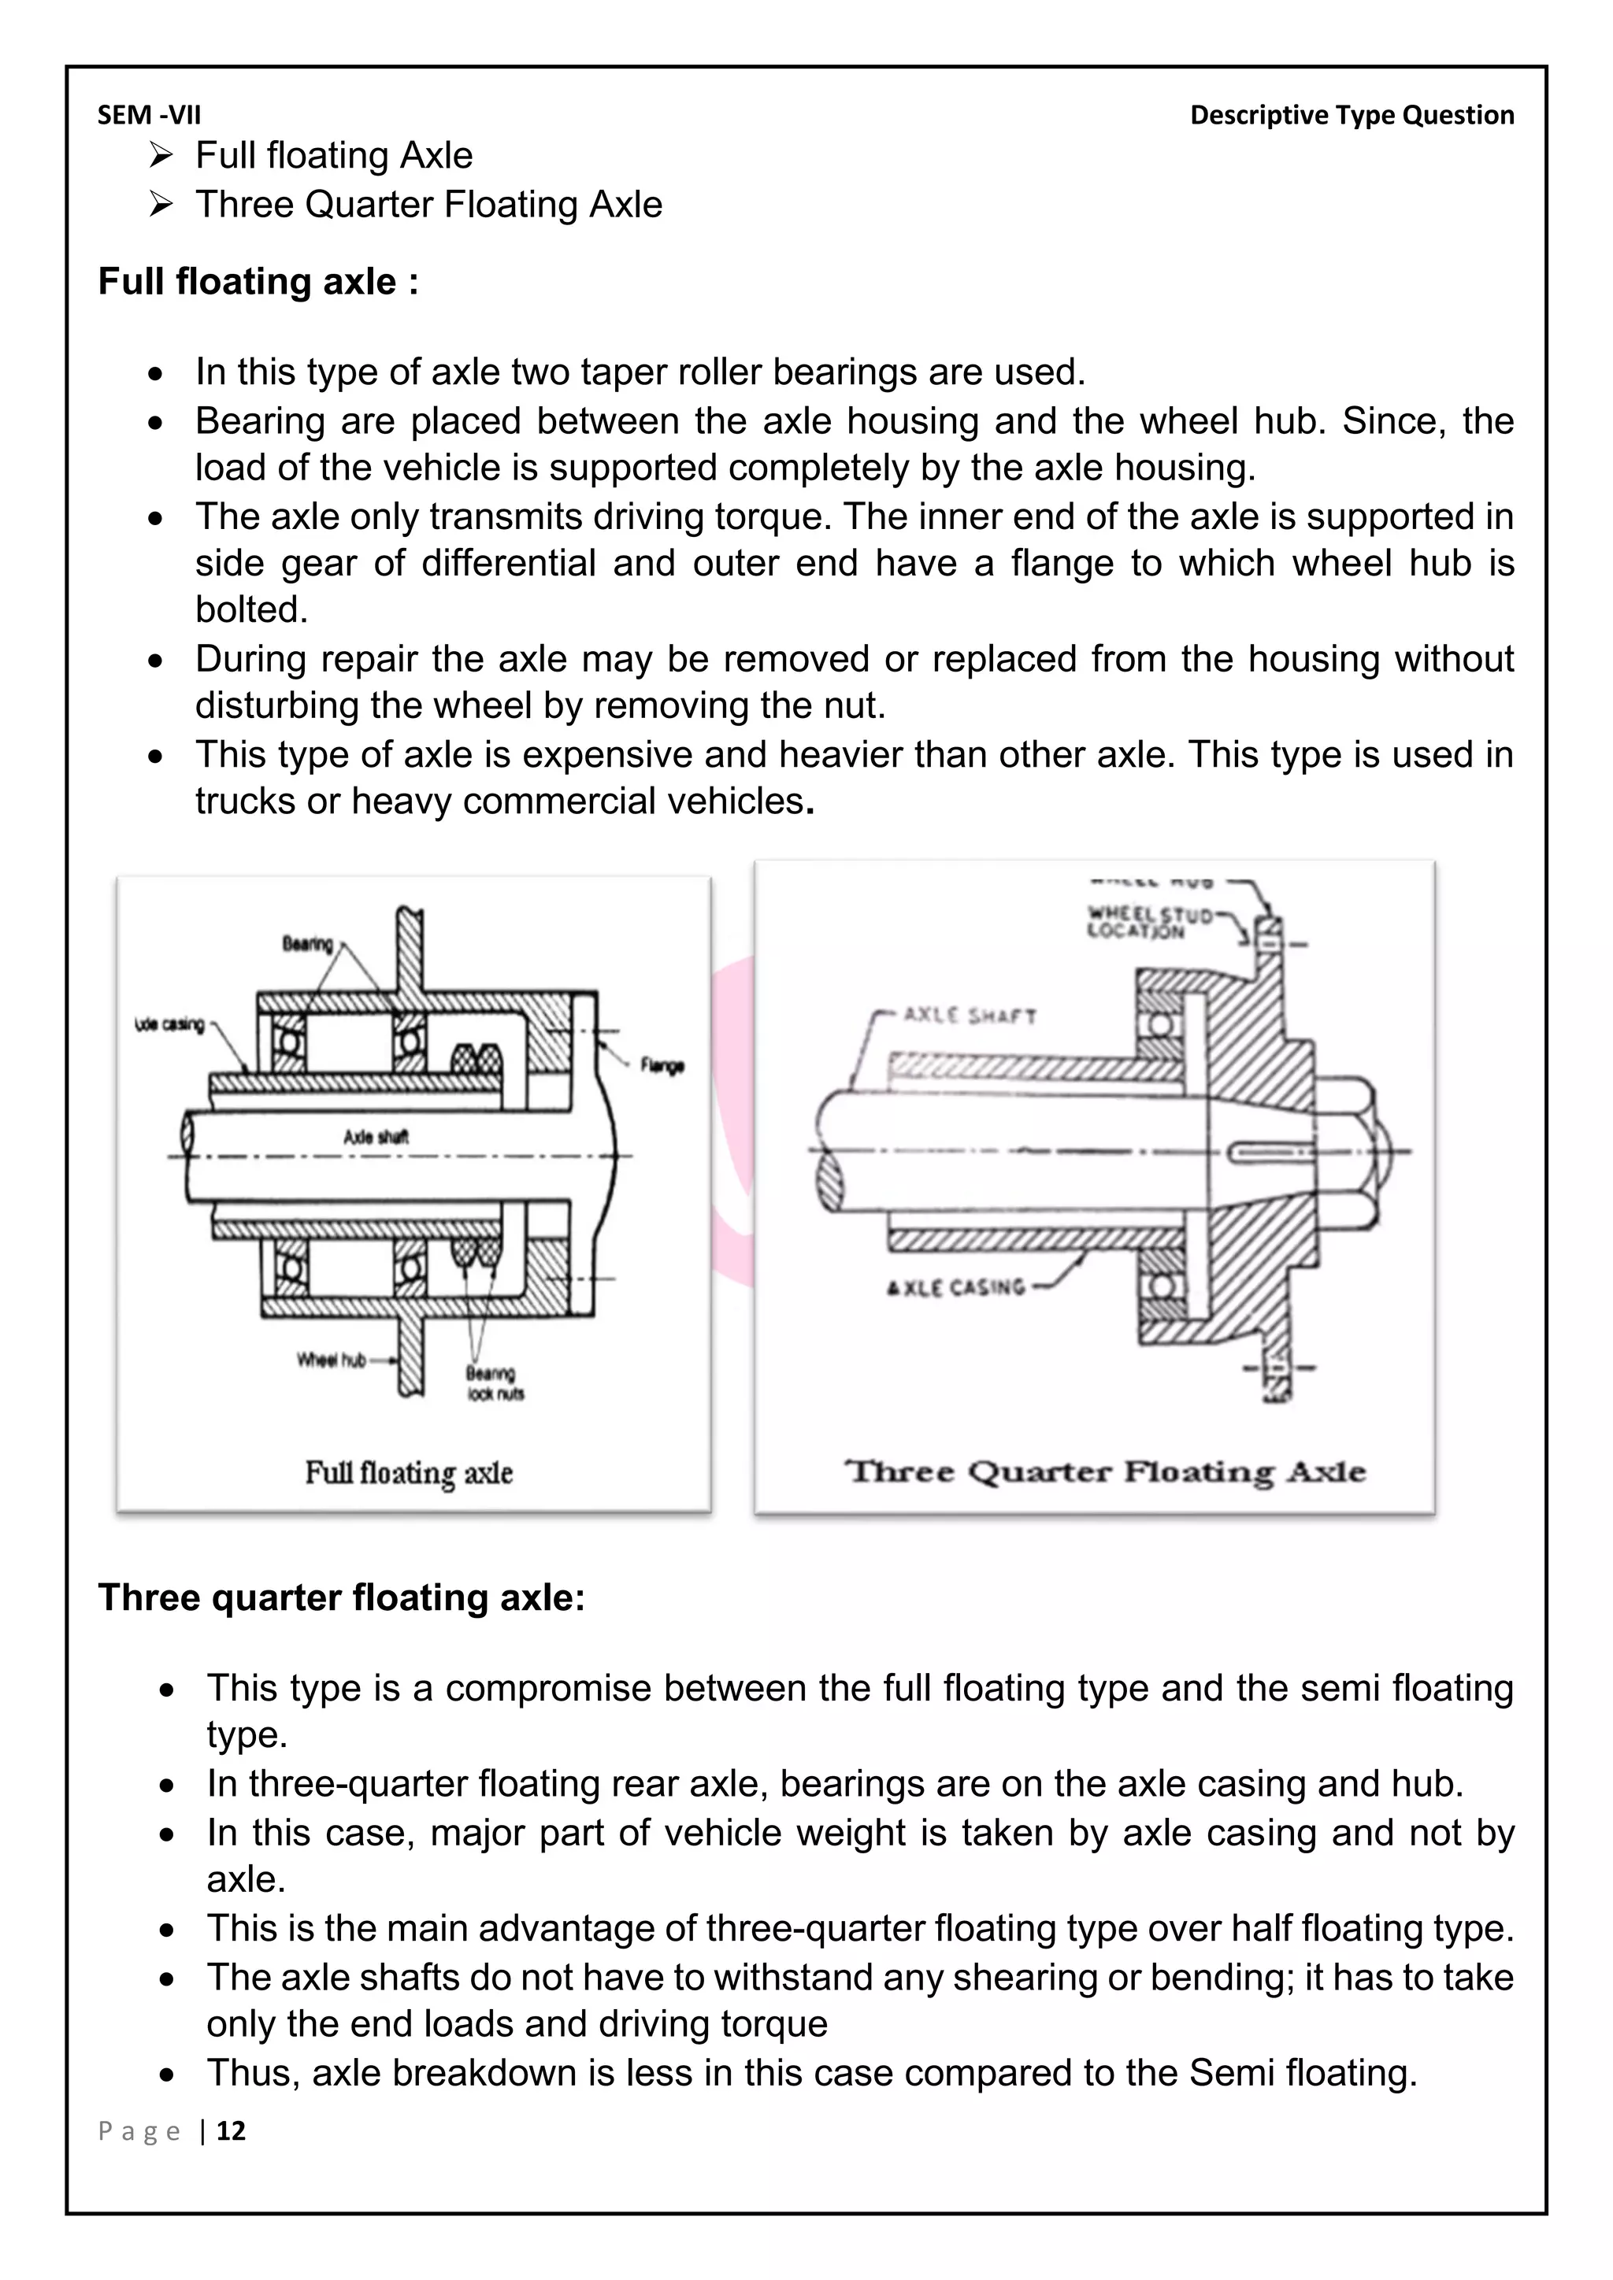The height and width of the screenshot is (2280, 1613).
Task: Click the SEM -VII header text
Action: pyautogui.click(x=149, y=115)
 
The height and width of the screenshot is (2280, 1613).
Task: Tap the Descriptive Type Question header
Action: pyautogui.click(x=1352, y=115)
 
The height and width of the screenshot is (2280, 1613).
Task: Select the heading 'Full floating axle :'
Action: pyautogui.click(x=258, y=282)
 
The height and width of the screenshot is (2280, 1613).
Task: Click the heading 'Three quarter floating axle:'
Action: pyautogui.click(x=342, y=1597)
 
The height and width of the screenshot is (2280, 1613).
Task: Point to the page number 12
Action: pyautogui.click(x=231, y=2131)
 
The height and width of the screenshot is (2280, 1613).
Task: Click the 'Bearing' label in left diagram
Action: pyautogui.click(x=307, y=943)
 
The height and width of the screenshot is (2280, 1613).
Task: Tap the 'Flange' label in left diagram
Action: pyautogui.click(x=662, y=1065)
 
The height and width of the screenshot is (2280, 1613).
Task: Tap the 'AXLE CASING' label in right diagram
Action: pyautogui.click(x=955, y=1288)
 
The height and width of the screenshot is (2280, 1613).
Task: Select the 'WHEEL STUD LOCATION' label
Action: pyautogui.click(x=1149, y=923)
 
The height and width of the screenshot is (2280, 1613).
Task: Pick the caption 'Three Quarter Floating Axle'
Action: pyautogui.click(x=1104, y=1471)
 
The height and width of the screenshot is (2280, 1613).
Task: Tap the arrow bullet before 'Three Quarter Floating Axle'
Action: pyautogui.click(x=160, y=205)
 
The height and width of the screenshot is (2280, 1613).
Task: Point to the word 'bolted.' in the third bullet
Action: pyautogui.click(x=251, y=609)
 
